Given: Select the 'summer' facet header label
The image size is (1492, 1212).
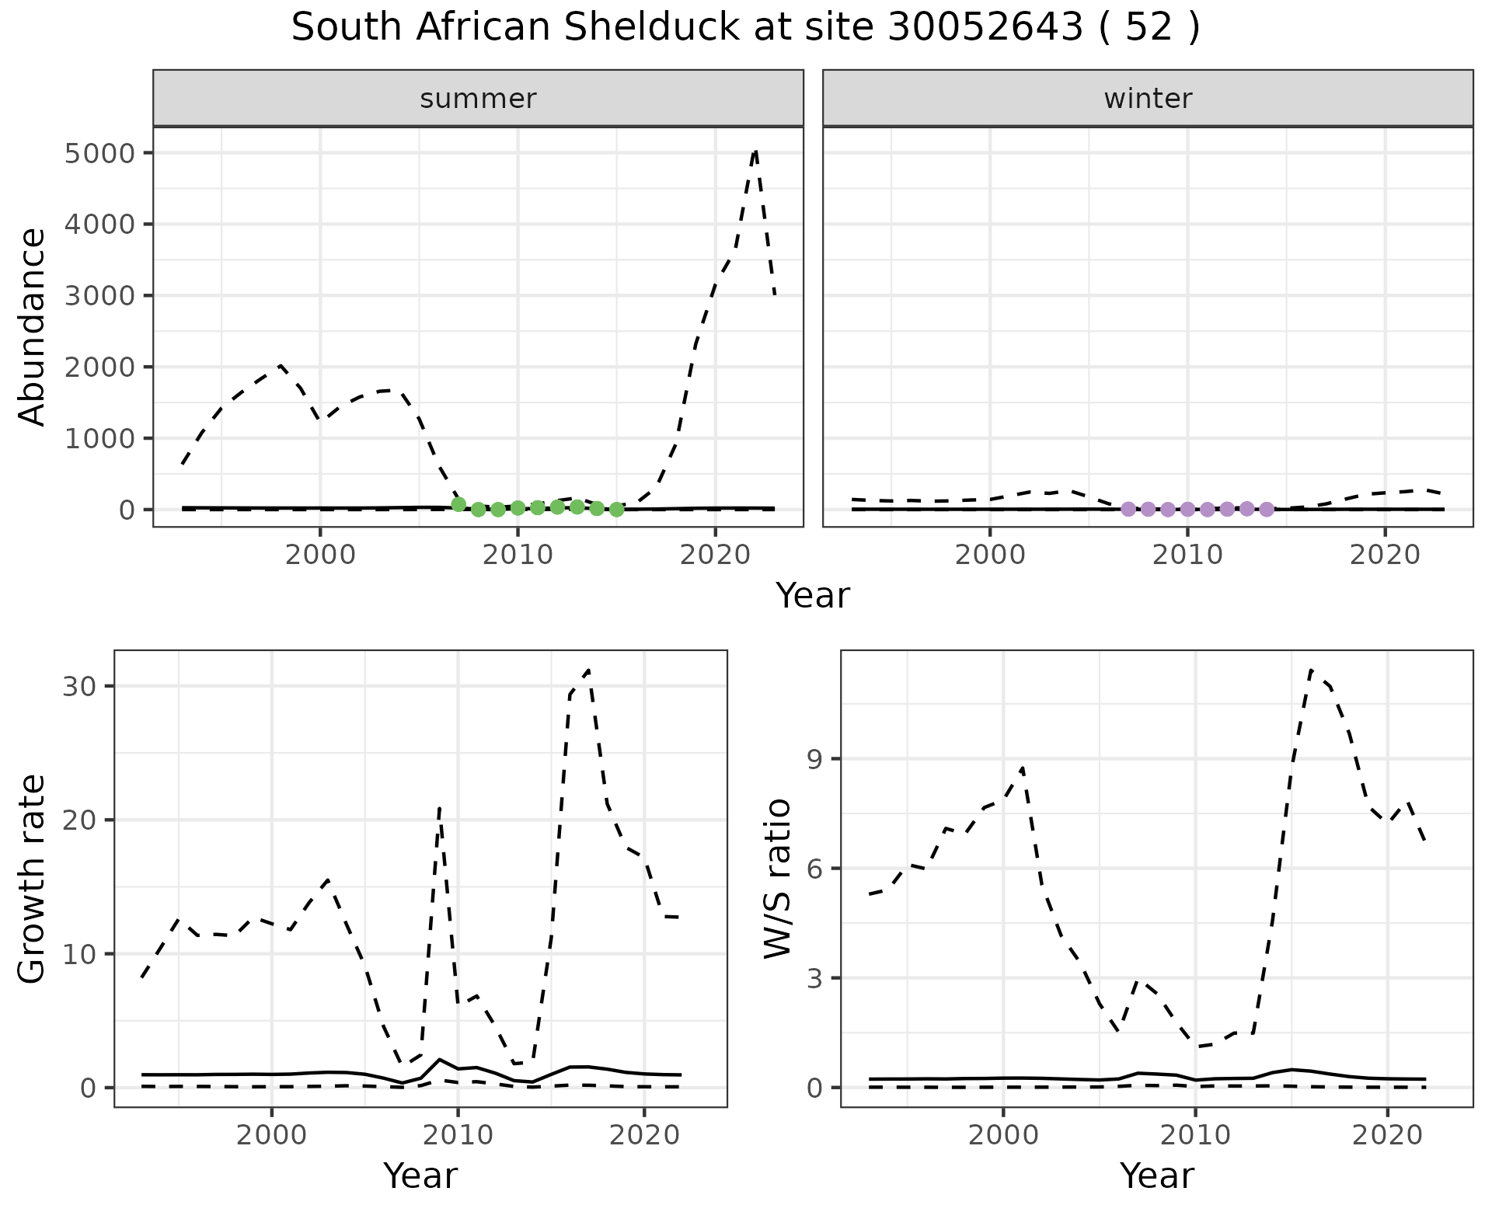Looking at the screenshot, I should [478, 99].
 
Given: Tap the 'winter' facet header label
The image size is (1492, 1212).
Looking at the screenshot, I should [1148, 99].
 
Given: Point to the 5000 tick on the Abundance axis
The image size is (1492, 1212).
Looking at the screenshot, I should [101, 153].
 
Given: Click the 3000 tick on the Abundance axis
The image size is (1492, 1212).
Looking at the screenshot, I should [101, 296].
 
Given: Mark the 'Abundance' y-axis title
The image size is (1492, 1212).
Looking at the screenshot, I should [33, 326].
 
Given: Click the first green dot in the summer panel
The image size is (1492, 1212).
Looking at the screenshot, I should [458, 505].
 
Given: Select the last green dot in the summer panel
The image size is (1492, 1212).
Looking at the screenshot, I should [617, 510].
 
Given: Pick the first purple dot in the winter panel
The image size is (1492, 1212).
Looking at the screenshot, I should [1128, 509].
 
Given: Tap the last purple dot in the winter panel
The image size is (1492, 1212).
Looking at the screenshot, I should [1267, 510].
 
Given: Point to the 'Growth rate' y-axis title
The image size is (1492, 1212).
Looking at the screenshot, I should [33, 878].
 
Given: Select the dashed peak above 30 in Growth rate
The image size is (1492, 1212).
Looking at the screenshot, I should [589, 670].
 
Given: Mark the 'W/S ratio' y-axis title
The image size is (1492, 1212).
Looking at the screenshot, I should [777, 878].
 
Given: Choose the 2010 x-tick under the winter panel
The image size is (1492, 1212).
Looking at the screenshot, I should [1187, 555].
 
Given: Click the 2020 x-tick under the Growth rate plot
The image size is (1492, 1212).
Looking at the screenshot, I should [644, 1135].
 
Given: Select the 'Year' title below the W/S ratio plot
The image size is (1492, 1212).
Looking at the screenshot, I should [1156, 1176].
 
